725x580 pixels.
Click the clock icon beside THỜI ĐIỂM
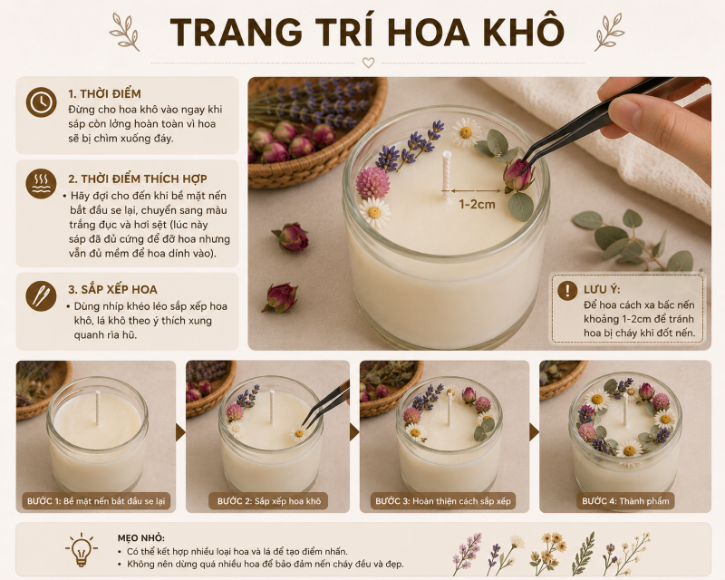[41, 101]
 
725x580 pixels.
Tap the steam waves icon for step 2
[41, 184]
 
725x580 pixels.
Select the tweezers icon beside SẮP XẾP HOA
[41, 295]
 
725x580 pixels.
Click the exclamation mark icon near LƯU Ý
[567, 291]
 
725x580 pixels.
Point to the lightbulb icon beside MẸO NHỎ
[82, 549]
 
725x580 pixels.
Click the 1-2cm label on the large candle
[477, 204]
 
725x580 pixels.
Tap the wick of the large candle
[446, 175]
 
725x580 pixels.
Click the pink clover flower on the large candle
[372, 183]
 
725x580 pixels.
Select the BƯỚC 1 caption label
[96, 501]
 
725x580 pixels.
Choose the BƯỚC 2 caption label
[268, 501]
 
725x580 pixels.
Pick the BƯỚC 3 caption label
[443, 501]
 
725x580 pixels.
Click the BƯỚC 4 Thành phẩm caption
[625, 501]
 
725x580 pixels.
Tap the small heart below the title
[368, 63]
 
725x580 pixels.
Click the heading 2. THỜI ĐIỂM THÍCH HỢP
[138, 179]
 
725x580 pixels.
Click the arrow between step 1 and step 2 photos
[180, 432]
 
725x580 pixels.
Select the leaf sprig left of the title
[124, 32]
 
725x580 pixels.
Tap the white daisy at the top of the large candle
[466, 131]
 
